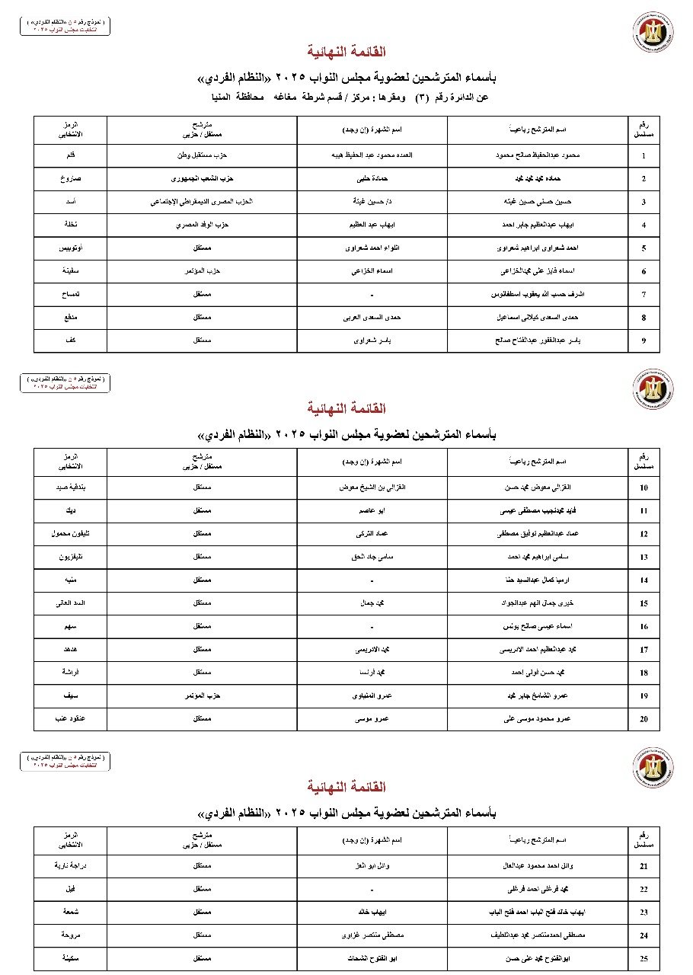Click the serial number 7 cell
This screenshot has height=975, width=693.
pyautogui.click(x=643, y=294)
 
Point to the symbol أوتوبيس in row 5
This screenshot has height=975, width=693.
pyautogui.click(x=71, y=248)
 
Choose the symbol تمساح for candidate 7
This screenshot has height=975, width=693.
pyautogui.click(x=71, y=294)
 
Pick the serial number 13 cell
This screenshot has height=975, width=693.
pyautogui.click(x=643, y=557)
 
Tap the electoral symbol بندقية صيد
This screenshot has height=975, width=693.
pyautogui.click(x=71, y=487)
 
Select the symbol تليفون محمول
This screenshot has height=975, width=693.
pyautogui.click(x=71, y=534)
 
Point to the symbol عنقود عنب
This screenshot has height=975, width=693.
pyautogui.click(x=71, y=718)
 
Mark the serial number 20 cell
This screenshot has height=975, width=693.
pyautogui.click(x=643, y=718)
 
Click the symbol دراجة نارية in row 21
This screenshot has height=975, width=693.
pyautogui.click(x=71, y=866)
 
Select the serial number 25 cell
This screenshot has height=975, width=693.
pyautogui.click(x=643, y=958)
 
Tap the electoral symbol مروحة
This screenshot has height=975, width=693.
pyautogui.click(x=71, y=935)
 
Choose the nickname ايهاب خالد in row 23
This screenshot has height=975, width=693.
pyautogui.click(x=372, y=912)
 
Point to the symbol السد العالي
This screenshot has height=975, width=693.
pyautogui.click(x=71, y=603)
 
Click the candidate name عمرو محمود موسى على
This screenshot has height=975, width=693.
pyautogui.click(x=538, y=718)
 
